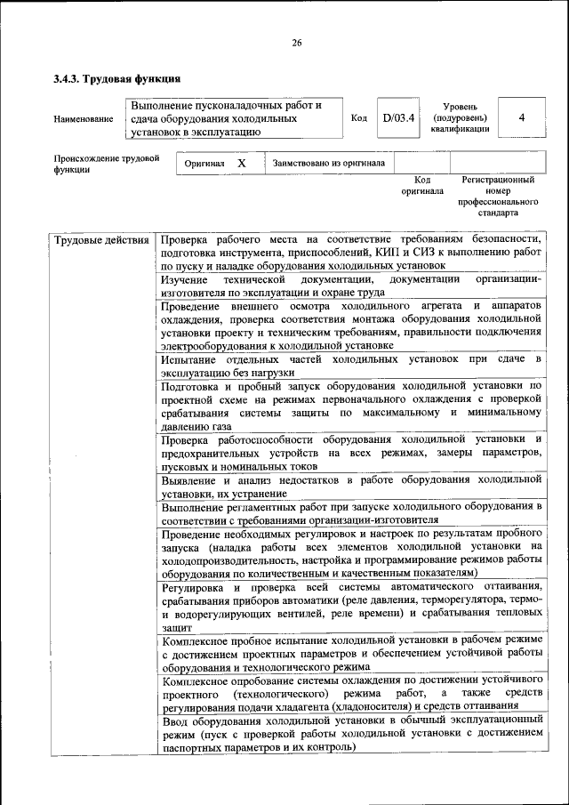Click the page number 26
296,43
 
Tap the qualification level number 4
522,117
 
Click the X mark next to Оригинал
241,164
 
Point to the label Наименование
84,118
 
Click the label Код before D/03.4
359,118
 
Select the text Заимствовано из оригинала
329,164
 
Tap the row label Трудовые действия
100,240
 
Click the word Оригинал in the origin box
204,165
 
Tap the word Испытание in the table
189,358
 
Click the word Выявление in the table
191,479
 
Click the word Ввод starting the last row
174,720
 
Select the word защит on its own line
175,627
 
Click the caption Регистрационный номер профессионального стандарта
505,196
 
